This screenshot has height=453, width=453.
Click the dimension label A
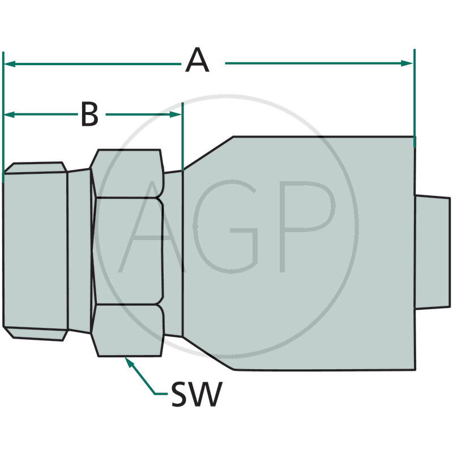[197, 61]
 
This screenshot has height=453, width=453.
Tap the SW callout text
[196, 395]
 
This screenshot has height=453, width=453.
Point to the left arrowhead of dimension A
[9, 63]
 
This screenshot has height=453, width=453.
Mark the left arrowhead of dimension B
[9, 114]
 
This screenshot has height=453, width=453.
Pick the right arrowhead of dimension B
[177, 114]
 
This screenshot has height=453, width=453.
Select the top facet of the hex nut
[128, 173]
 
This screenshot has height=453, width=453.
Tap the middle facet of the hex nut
[128, 251]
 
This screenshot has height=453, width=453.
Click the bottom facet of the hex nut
[128, 331]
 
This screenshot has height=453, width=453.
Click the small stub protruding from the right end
[433, 253]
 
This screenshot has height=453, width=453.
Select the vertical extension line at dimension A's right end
[414, 96]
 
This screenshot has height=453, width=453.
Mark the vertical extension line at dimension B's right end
[183, 136]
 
